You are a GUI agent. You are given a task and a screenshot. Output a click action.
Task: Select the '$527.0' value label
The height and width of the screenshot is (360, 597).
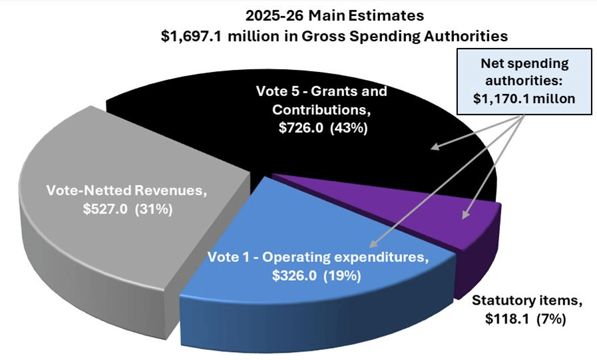click(x=106, y=209)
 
